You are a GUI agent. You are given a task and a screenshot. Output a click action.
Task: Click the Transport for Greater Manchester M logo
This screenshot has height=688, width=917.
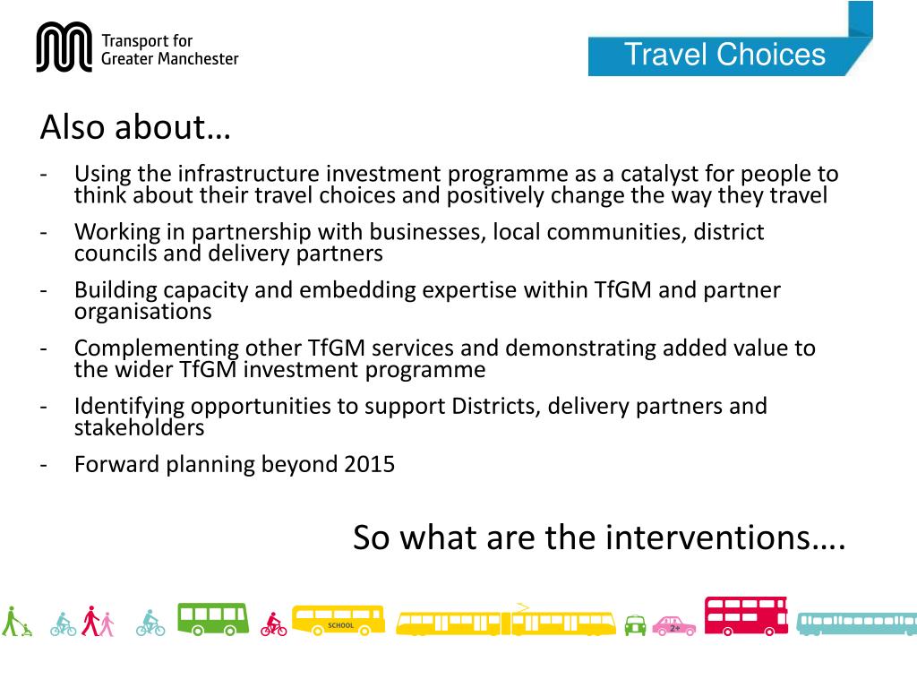click(64, 47)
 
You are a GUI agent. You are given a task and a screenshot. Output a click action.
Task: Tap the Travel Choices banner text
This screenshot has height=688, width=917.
click(724, 55)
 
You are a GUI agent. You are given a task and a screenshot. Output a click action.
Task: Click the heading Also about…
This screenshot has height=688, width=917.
click(135, 128)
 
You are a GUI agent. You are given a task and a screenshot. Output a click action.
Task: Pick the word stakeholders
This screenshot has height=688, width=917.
click(139, 427)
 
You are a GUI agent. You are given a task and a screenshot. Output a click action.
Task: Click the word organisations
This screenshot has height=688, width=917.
click(142, 312)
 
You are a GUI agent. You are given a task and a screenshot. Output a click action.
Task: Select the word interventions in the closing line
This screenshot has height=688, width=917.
click(725, 538)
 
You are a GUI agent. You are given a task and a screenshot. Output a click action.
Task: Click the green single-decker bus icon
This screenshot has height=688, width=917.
click(212, 618)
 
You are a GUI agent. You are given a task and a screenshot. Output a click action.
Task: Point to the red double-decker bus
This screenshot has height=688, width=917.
click(746, 615)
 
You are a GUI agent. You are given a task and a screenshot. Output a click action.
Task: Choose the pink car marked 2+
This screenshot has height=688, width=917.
click(673, 625)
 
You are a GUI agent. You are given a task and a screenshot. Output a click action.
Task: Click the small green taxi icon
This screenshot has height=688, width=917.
click(635, 624)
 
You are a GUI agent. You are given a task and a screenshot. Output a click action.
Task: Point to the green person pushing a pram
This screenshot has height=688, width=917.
click(15, 622)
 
